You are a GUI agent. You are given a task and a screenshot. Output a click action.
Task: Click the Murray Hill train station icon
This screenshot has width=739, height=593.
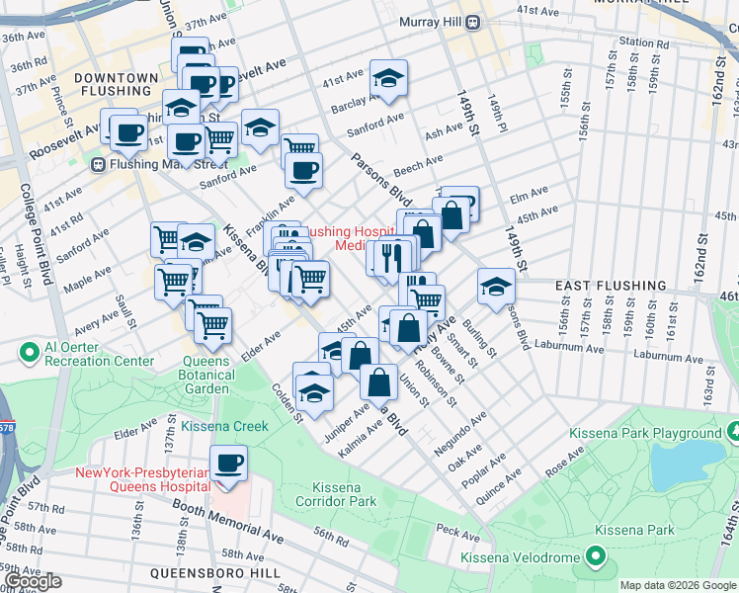pos(473,22)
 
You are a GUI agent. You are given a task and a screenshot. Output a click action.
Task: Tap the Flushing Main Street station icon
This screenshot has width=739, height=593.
pos(99,164)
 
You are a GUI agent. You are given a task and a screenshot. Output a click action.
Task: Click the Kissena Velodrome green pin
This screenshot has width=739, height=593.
pos(595,558)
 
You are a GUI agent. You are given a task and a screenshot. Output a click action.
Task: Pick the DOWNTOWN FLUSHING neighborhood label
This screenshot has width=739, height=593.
pos(116,86)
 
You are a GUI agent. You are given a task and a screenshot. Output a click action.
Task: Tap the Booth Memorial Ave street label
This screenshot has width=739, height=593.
pos(229,523)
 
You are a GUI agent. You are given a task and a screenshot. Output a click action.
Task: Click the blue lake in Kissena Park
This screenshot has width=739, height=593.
pos(699,459)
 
